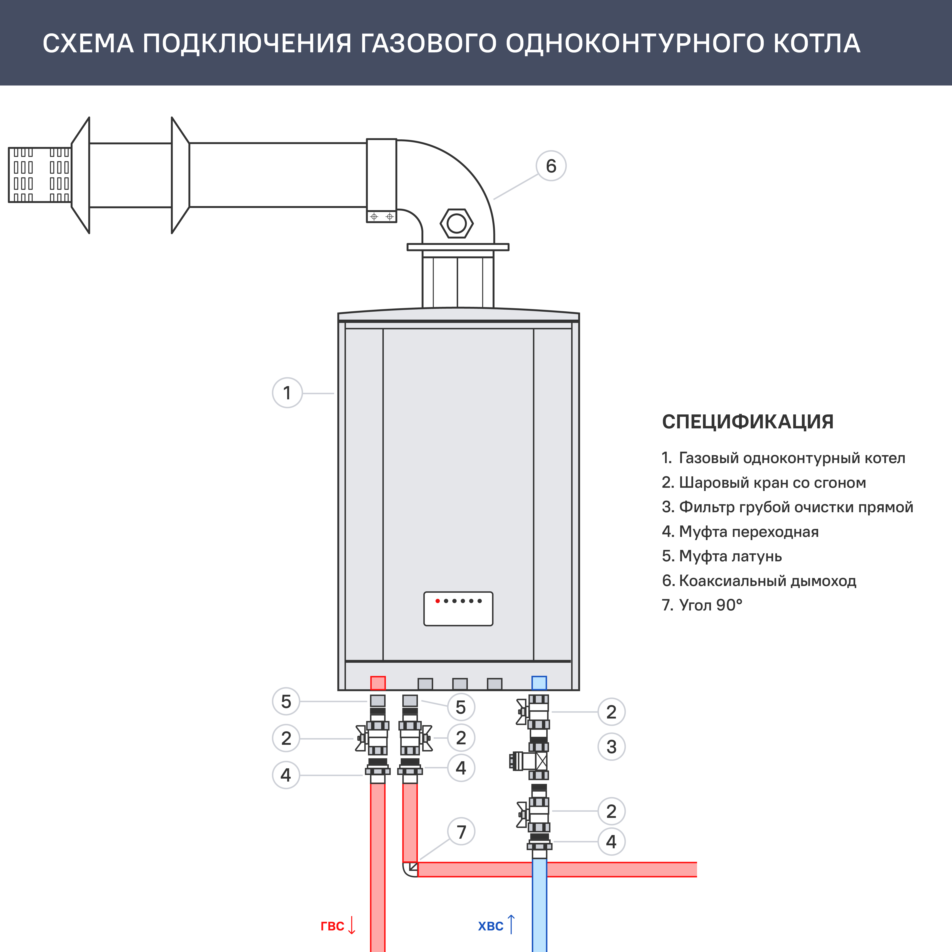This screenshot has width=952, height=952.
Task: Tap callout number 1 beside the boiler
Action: (x=287, y=393)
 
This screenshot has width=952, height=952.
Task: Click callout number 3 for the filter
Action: (x=611, y=747)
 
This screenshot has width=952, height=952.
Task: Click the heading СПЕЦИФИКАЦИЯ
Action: (x=748, y=422)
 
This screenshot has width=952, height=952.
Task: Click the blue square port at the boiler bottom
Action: (x=539, y=683)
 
